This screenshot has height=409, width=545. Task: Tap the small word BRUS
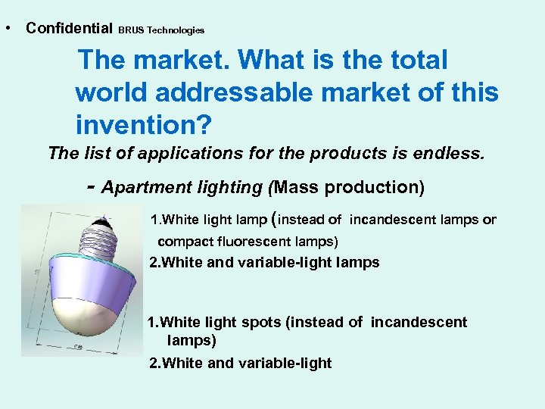click(131, 30)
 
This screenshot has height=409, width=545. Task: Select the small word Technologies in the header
click(176, 30)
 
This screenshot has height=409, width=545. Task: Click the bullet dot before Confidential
click(7, 28)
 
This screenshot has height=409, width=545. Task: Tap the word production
click(366, 187)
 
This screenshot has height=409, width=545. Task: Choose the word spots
click(262, 322)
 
